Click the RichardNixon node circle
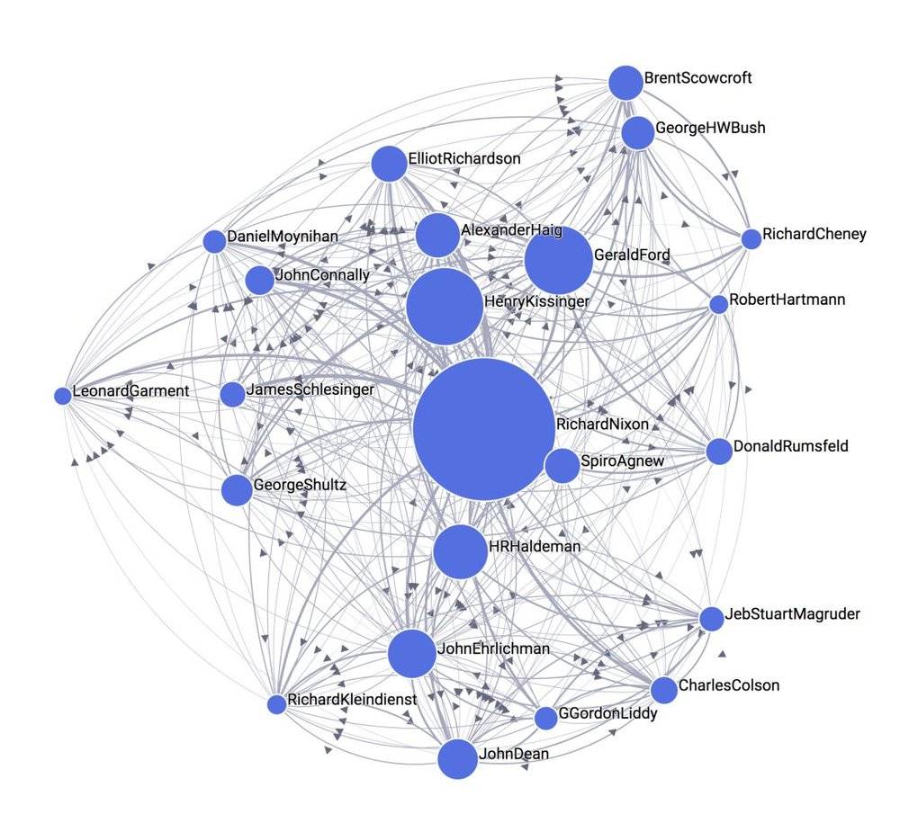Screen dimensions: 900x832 click(x=484, y=429)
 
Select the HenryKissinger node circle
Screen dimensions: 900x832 click(x=445, y=307)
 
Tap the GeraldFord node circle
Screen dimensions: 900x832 click(x=559, y=260)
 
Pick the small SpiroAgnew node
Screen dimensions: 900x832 click(x=562, y=466)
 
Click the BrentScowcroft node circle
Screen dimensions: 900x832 click(x=625, y=83)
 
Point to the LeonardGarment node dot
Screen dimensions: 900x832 click(x=63, y=396)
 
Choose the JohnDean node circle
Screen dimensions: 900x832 click(x=457, y=759)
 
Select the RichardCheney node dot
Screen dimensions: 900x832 click(x=751, y=239)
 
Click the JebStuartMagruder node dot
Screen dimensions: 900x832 click(x=712, y=619)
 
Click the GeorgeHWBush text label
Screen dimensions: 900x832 click(x=710, y=128)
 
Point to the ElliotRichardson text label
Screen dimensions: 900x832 click(x=464, y=158)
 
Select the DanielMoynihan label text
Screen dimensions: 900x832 click(x=283, y=237)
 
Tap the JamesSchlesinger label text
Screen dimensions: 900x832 click(x=310, y=389)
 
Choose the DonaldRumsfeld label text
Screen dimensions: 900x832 click(x=790, y=446)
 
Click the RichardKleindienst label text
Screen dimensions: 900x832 click(x=352, y=700)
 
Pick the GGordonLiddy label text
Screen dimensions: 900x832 click(x=607, y=713)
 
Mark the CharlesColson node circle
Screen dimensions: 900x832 click(x=664, y=690)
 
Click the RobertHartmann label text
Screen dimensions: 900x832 click(x=787, y=300)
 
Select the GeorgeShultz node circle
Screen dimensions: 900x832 click(x=237, y=490)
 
